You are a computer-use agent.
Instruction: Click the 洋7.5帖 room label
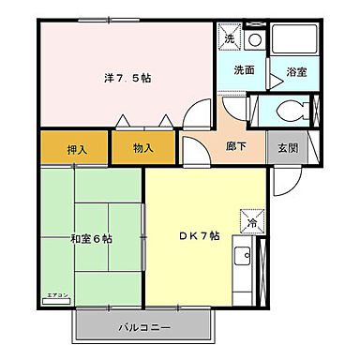(127, 79)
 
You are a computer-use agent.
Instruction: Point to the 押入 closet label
(78, 148)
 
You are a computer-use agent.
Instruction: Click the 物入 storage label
(142, 148)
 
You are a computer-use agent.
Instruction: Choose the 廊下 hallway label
(238, 147)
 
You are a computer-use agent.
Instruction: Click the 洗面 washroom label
(246, 69)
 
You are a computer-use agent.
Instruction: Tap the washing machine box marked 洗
(230, 38)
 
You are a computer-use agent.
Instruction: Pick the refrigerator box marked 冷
(252, 220)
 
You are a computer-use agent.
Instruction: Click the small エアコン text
(57, 296)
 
